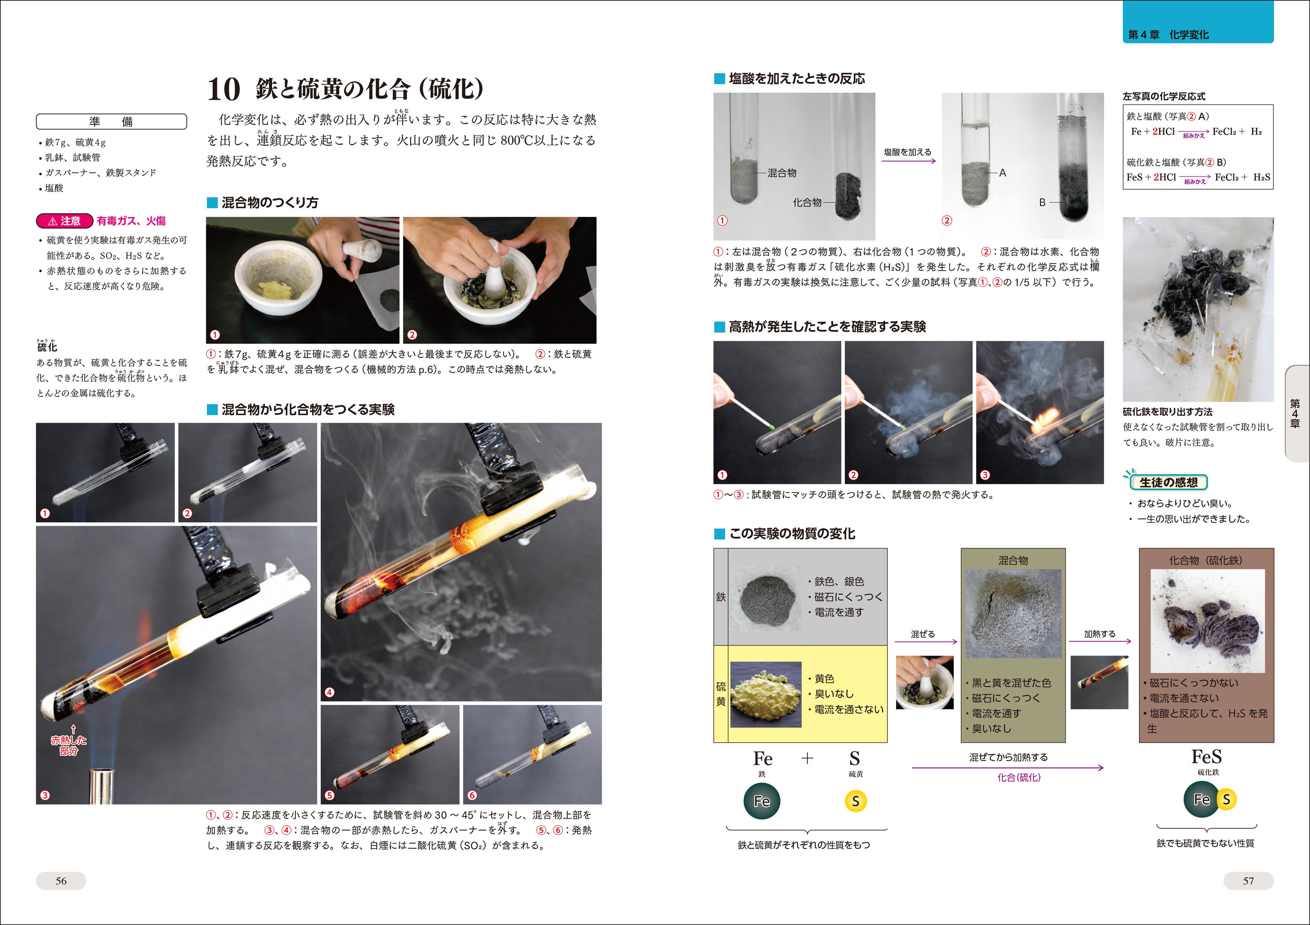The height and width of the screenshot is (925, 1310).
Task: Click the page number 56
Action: coord(61,881)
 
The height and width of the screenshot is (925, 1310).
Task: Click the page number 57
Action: coord(1249,881)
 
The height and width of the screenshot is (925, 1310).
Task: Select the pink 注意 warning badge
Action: coord(64,221)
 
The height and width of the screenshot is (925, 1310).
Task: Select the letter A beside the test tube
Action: coord(1002,173)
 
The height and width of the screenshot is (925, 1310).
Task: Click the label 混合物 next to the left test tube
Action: coord(782,173)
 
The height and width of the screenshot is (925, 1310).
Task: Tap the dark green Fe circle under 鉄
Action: coord(762,801)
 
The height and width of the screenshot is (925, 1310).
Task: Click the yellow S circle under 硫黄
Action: coord(855,801)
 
